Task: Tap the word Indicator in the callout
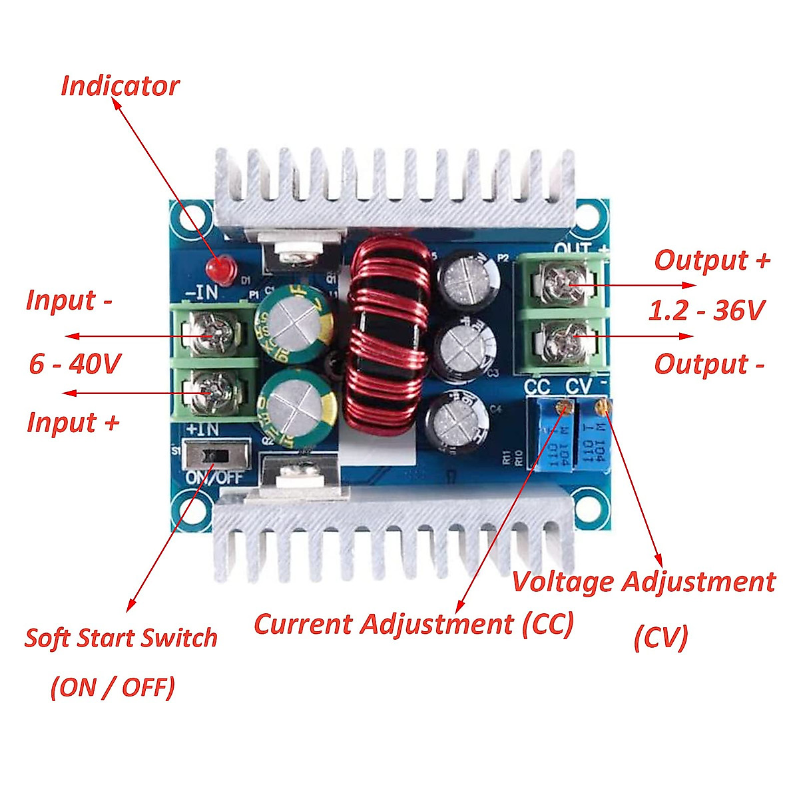pos(120,86)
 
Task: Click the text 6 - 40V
pos(75,364)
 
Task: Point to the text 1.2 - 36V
pos(707,311)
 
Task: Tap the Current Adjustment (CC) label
pos(413,625)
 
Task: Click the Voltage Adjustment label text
pos(643,582)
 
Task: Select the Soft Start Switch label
pos(121,638)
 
